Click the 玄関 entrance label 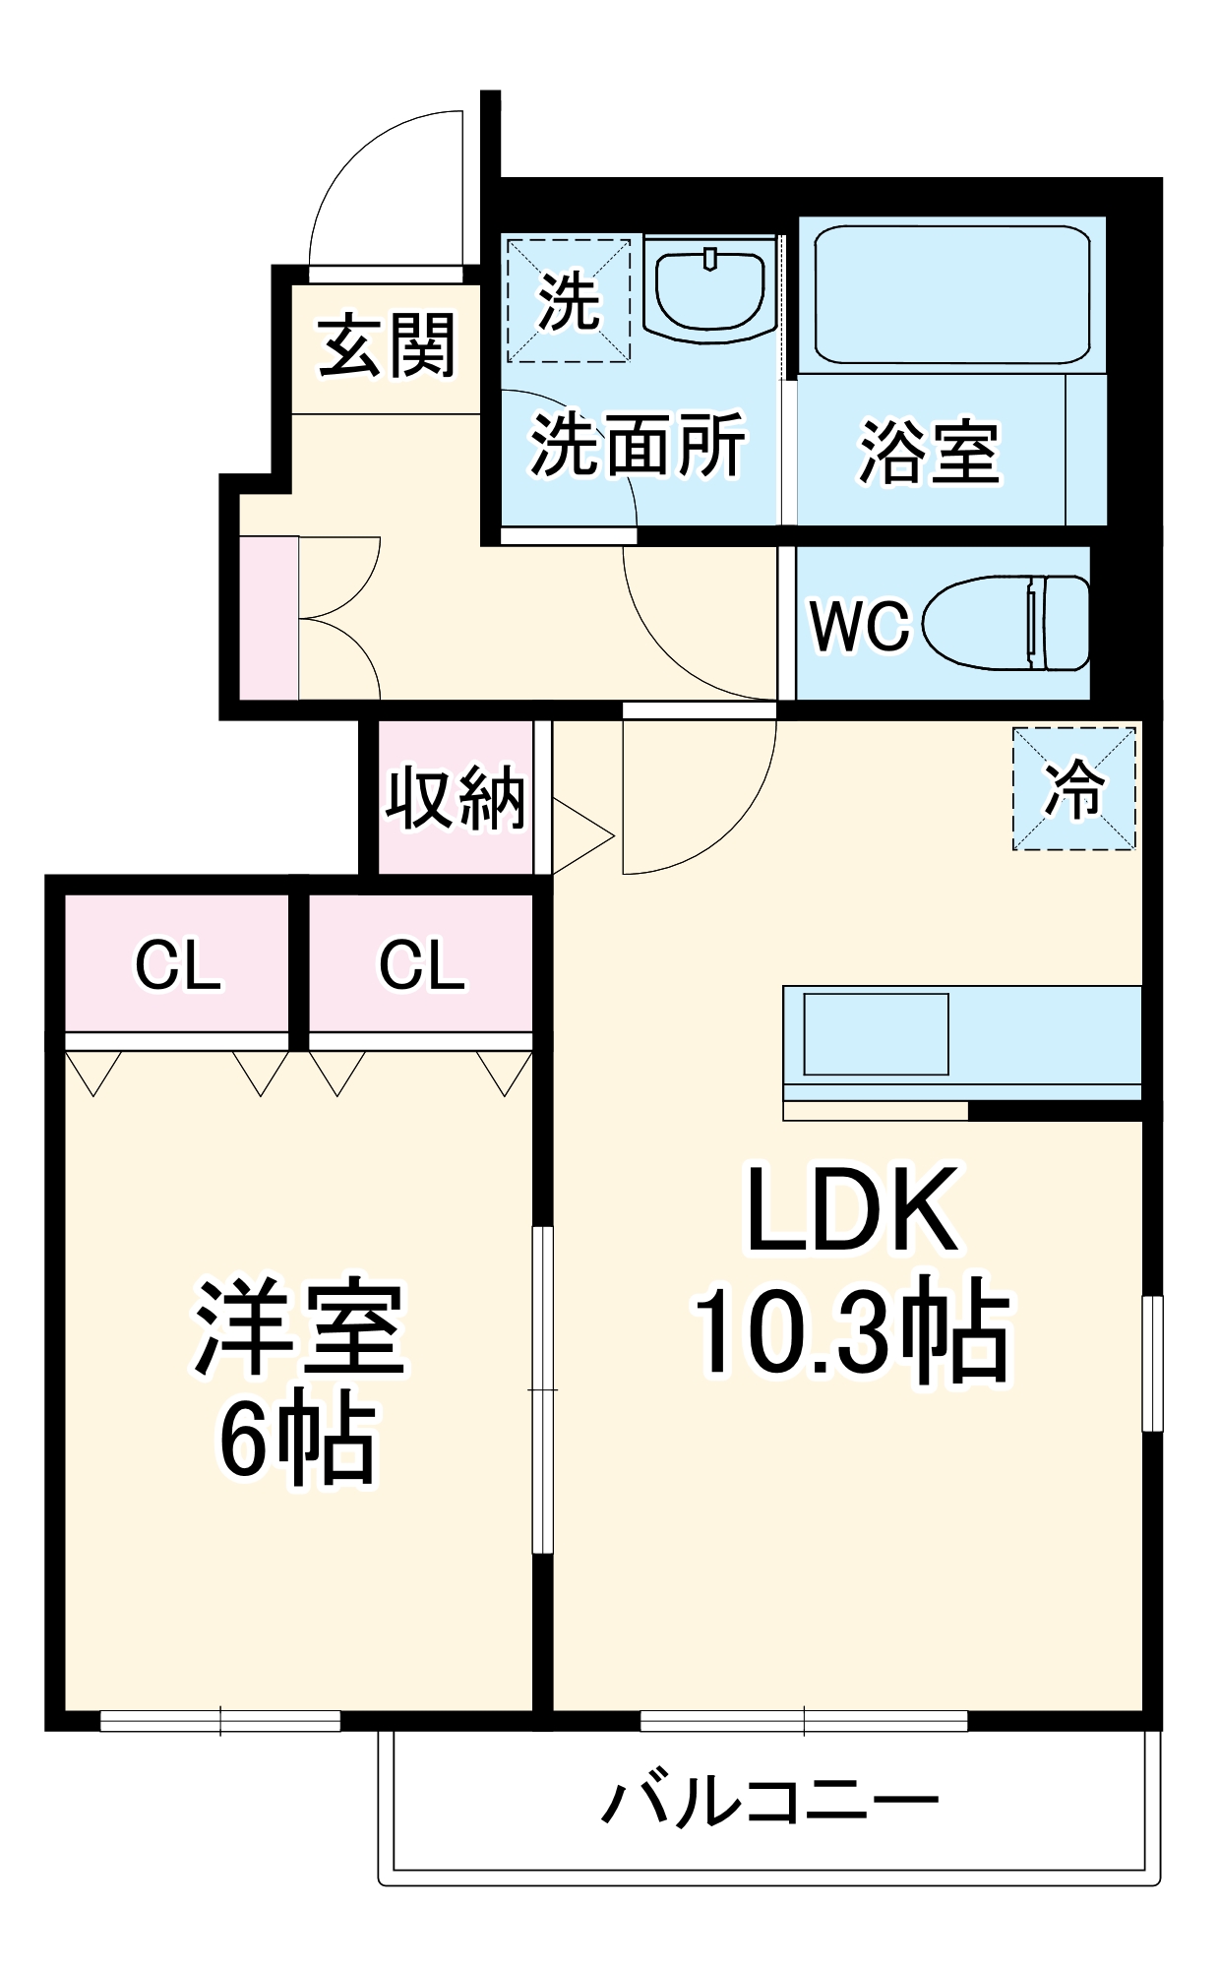click(387, 346)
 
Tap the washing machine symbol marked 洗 click(568, 299)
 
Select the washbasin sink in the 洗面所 click(710, 292)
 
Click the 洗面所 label click(638, 446)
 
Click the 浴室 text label click(928, 453)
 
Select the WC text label click(859, 625)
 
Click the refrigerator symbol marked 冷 click(1073, 788)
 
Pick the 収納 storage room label click(455, 798)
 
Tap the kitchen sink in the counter click(876, 1033)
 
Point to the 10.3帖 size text click(852, 1330)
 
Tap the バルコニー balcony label click(769, 1803)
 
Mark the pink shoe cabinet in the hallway click(269, 618)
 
